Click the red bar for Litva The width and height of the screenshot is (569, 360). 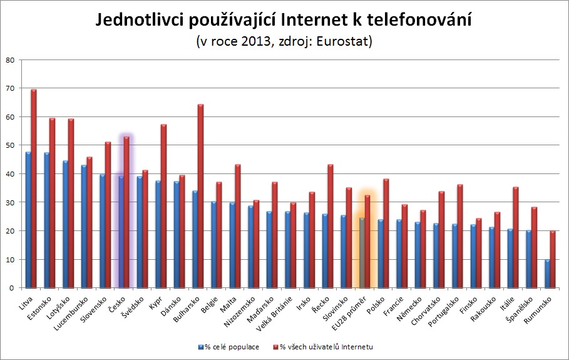coord(34,188)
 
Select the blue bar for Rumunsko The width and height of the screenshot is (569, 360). coord(547,274)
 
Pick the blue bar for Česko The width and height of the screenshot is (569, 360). coord(121,232)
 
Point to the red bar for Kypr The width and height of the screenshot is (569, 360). coord(164,206)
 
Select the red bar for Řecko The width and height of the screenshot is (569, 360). coord(331,226)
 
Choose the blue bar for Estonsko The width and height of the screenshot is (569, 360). coord(47,220)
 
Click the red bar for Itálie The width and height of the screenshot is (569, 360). coord(516,237)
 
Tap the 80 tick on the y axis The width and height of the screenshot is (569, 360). coord(9,60)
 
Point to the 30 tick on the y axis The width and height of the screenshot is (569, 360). coord(9,202)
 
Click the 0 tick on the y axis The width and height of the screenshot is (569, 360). coord(11,288)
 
